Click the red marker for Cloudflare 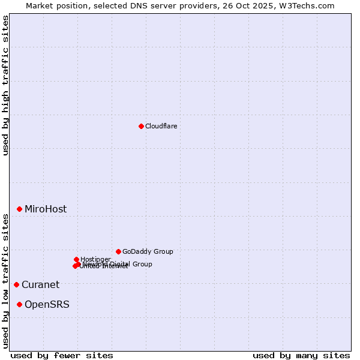(141, 126)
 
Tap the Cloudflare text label (161, 126)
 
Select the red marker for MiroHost (19, 209)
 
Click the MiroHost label (46, 209)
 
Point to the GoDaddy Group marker (118, 251)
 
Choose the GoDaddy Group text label (148, 251)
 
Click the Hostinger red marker (76, 259)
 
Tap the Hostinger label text (96, 259)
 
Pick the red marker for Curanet (16, 284)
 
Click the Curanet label (41, 285)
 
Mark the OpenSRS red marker (19, 304)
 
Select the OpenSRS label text (47, 305)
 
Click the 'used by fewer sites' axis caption (62, 355)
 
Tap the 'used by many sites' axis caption (301, 355)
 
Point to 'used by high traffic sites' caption (5, 85)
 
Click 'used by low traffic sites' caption (5, 280)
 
